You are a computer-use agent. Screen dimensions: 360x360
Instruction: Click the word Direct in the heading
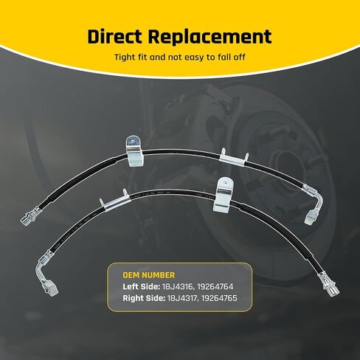tap(114, 37)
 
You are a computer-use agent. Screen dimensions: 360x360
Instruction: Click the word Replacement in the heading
tap(210, 37)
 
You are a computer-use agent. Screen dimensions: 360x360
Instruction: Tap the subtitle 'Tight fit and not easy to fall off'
tap(180, 58)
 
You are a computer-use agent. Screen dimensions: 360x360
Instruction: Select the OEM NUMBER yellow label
tap(149, 275)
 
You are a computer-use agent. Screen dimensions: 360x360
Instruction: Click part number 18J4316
tap(177, 286)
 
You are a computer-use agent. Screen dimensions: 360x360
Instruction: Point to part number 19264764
tap(215, 286)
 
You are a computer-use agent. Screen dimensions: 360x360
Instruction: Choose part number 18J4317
tap(181, 298)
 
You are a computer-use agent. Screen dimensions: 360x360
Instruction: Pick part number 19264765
tap(219, 298)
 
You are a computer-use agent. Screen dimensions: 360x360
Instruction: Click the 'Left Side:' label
tap(141, 286)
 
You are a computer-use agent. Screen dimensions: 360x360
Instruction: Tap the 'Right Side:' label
tap(144, 298)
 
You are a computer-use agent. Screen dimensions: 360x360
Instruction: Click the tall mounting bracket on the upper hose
tap(135, 151)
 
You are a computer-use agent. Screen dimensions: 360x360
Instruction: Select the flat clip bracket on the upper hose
tap(234, 158)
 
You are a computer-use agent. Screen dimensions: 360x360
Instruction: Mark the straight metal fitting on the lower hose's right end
tap(329, 283)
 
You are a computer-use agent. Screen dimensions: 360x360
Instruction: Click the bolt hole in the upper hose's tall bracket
tap(132, 141)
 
